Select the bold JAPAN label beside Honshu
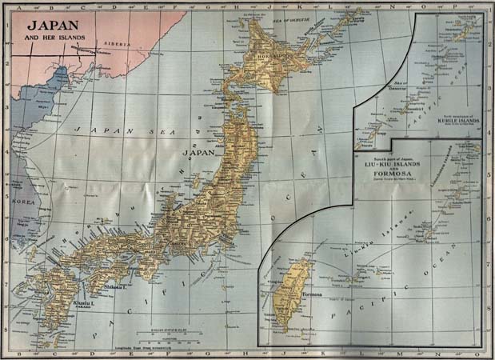[x=200, y=153]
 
